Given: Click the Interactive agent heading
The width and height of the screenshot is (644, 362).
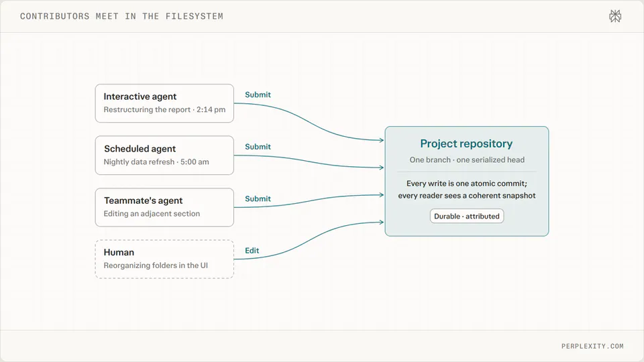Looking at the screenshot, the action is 140,97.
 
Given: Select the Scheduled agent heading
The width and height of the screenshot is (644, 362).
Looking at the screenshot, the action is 140,149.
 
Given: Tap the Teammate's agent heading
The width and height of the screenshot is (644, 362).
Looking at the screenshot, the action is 143,200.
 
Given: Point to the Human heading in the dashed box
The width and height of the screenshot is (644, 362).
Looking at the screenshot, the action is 119,253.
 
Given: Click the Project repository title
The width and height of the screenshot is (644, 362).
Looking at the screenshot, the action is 466,143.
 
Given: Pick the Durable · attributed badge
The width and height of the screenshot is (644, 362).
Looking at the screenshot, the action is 467,217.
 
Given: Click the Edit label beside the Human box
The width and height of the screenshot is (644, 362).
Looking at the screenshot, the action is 252,251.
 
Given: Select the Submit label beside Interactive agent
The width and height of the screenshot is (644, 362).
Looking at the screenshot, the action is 258,95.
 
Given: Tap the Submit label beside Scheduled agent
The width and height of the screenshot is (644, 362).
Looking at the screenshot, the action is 258,147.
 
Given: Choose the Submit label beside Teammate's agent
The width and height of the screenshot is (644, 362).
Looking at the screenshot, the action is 258,199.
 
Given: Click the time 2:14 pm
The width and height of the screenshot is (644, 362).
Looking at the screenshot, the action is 211,109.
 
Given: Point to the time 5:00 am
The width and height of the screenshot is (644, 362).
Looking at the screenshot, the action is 195,162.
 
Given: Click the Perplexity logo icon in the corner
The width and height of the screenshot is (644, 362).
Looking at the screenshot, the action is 615,16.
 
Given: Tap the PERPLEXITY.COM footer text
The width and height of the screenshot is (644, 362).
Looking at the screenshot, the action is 592,346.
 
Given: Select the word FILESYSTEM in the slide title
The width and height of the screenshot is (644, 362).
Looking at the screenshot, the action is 195,16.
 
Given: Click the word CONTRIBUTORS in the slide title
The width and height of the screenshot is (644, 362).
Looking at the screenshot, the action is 54,16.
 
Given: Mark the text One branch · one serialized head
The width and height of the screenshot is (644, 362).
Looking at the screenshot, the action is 467,160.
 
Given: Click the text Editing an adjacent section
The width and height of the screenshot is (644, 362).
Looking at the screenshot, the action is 152,213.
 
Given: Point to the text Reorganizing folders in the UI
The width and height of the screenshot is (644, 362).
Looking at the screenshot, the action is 156,265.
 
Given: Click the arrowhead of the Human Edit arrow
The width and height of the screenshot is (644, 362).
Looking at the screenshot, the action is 382,223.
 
